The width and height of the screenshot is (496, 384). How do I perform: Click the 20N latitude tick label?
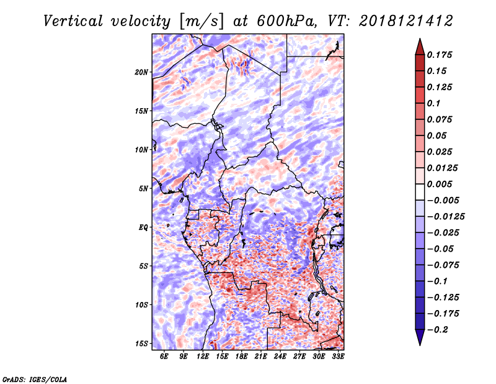(x=141, y=72)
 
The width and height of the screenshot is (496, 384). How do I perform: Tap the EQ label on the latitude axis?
(x=143, y=227)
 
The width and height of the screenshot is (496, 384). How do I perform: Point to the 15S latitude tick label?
(x=141, y=344)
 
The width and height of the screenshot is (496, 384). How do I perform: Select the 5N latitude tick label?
(x=143, y=189)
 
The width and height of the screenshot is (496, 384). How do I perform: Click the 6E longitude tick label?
(x=164, y=356)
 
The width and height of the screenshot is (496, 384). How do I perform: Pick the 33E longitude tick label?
(x=338, y=356)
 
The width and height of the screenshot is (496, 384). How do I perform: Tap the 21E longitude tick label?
(x=260, y=356)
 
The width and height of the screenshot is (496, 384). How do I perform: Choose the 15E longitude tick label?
(x=222, y=356)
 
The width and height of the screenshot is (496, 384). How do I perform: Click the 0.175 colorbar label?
(x=440, y=55)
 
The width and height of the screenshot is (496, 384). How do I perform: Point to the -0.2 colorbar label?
(x=438, y=330)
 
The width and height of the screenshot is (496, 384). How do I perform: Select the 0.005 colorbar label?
(x=440, y=184)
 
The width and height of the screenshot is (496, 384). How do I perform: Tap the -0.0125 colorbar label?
(x=446, y=217)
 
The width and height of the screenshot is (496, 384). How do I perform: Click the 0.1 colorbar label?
(x=433, y=103)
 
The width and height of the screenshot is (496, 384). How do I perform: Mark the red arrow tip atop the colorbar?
(x=420, y=39)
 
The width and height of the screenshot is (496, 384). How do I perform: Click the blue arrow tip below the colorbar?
(x=420, y=345)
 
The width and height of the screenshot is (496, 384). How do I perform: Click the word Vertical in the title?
(x=73, y=21)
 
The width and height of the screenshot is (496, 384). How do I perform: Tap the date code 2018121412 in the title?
(x=406, y=21)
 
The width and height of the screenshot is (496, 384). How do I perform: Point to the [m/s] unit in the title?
(x=201, y=22)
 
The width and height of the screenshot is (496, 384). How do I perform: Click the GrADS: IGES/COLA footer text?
(x=35, y=379)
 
